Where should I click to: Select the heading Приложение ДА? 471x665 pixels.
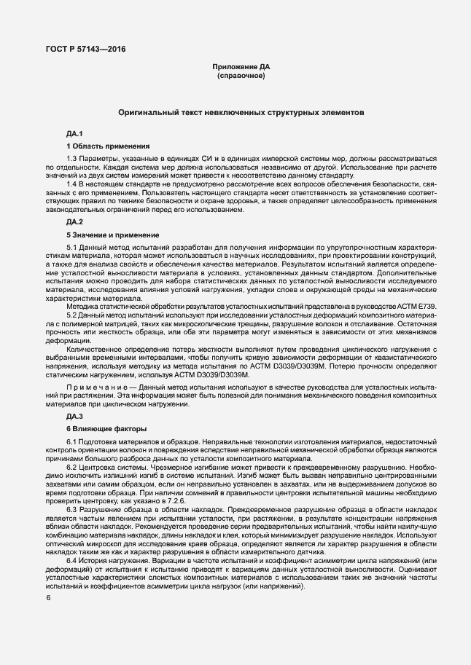[236, 67]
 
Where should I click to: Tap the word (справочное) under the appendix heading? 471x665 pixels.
[236, 75]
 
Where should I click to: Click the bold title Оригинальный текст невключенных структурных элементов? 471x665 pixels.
[237, 114]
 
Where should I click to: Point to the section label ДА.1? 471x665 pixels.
[75, 135]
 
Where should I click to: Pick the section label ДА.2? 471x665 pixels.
[75, 221]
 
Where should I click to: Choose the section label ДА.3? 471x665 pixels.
[75, 416]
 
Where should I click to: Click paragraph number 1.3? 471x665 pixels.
[71, 158]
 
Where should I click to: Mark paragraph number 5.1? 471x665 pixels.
[71, 249]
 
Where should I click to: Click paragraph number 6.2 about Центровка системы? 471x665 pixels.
[71, 467]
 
